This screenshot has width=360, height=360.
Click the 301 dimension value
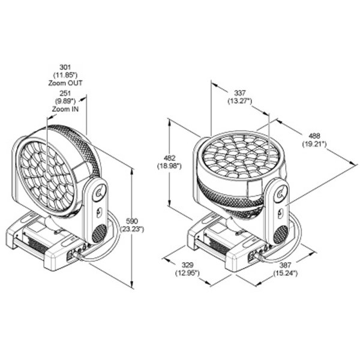coord(65,67)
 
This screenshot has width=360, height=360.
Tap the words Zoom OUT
coord(65,83)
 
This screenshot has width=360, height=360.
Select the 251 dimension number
coord(65,94)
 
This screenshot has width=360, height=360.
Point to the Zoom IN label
coord(65,109)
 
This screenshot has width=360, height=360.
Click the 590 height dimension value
coord(132,221)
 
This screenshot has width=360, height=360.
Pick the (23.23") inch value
coord(132,229)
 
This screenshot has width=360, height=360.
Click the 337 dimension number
coord(240,93)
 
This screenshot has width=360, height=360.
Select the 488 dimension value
coord(314,136)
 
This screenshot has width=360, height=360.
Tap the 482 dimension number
coord(169,158)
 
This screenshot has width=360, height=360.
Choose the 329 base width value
coord(187,265)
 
